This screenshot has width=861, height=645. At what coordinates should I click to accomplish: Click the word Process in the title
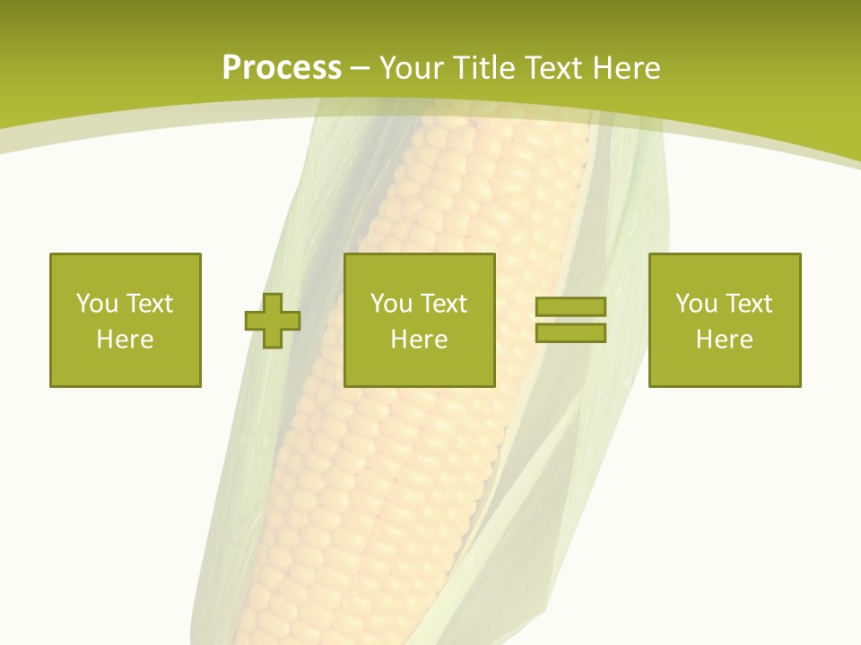pyautogui.click(x=282, y=68)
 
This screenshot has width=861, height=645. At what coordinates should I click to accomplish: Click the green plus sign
pyautogui.click(x=273, y=320)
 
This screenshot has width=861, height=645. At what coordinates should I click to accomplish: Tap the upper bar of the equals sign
pyautogui.click(x=570, y=307)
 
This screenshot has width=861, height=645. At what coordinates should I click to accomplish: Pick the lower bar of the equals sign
pyautogui.click(x=570, y=333)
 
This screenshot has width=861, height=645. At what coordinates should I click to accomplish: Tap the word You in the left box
pyautogui.click(x=97, y=304)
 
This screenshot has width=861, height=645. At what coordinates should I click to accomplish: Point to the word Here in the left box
pyautogui.click(x=126, y=340)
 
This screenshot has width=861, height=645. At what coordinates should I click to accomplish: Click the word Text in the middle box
pyautogui.click(x=444, y=304)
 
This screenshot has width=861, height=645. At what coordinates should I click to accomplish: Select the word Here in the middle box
pyautogui.click(x=420, y=340)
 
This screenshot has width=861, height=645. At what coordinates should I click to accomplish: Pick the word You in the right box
pyautogui.click(x=696, y=304)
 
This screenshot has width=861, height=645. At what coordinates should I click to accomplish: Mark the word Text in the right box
pyautogui.click(x=749, y=304)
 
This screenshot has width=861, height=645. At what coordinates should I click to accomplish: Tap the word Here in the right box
pyautogui.click(x=725, y=340)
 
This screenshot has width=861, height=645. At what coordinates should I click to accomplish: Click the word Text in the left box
pyautogui.click(x=150, y=304)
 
